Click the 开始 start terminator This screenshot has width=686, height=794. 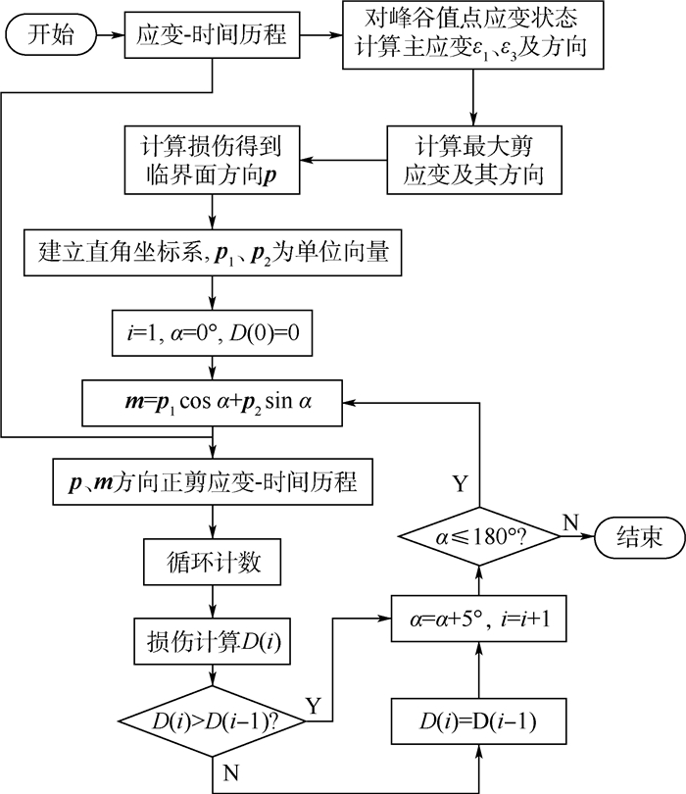(x=54, y=36)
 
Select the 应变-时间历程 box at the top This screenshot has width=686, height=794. (x=214, y=36)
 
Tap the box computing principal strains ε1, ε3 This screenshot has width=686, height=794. (x=471, y=36)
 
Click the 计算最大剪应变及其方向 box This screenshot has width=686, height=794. (x=471, y=159)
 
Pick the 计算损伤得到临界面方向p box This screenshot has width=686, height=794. (x=214, y=159)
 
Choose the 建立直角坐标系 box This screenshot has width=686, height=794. (x=214, y=252)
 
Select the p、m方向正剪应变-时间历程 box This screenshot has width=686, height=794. (x=214, y=482)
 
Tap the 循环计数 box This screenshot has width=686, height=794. (x=214, y=565)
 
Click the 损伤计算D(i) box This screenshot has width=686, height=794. (x=214, y=643)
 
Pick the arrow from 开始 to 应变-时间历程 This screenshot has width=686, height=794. (x=114, y=36)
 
